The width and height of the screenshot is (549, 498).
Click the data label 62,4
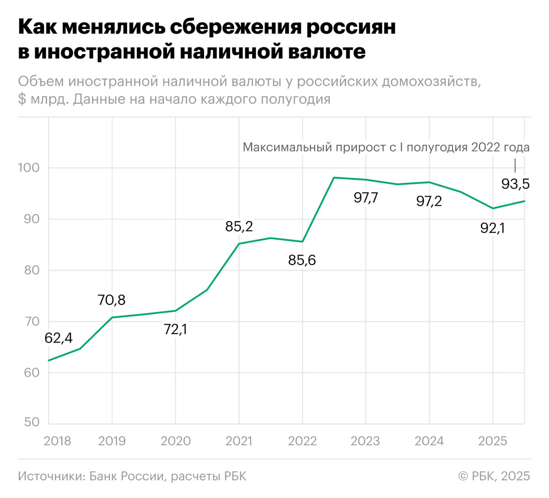[x=58, y=338]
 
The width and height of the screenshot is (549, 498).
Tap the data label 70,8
[x=111, y=300]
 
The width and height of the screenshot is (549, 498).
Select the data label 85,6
[x=302, y=260]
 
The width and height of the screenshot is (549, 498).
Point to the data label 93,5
[x=515, y=184]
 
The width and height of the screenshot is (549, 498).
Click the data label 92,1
[x=492, y=228]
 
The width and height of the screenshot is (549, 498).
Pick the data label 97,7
[x=366, y=198]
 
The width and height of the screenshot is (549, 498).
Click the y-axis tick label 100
[x=28, y=168]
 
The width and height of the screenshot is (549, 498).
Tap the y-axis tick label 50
[x=32, y=422]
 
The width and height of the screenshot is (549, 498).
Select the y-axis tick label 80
[x=32, y=270]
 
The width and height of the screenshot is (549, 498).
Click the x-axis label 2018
[x=57, y=441]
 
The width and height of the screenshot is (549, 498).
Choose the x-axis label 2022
[x=302, y=441]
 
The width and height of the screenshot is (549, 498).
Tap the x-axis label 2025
[x=492, y=441]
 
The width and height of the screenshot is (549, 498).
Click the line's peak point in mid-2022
[x=334, y=178]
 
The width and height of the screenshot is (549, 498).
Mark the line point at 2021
[x=239, y=244]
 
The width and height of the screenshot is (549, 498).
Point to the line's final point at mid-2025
[x=524, y=201]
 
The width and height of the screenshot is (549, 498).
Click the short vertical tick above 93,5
[x=515, y=165]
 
